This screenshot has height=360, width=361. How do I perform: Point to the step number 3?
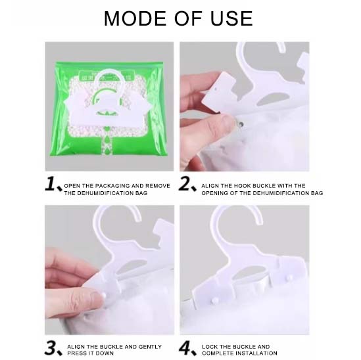[x=52, y=348]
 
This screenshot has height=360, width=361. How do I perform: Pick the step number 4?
[x=187, y=348]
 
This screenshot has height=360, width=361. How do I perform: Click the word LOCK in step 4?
[x=212, y=346]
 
